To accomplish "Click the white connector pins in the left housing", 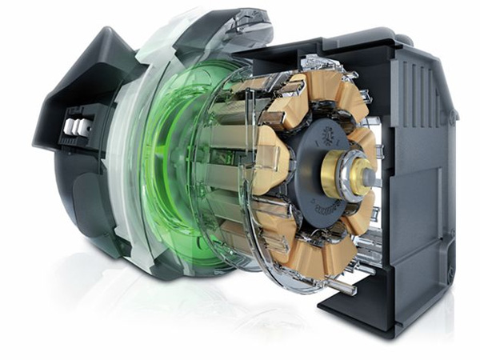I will coord(78,127).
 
